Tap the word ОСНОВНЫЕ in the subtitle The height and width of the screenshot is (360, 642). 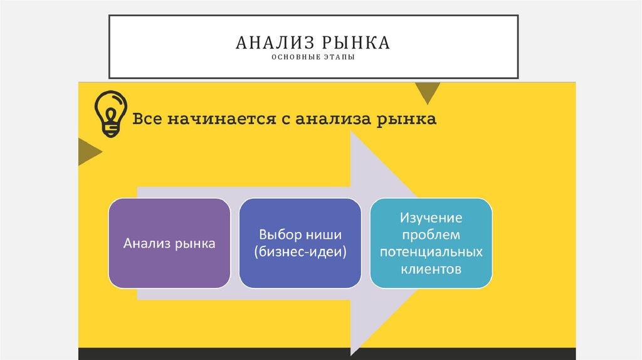tap(294, 59)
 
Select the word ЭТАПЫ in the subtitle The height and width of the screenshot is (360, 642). tap(341, 59)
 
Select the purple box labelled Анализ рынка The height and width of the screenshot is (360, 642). tap(169, 243)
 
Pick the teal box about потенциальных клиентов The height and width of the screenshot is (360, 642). tap(431, 243)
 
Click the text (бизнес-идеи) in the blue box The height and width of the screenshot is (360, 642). tap(300, 251)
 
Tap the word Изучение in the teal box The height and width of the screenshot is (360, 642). tap(432, 218)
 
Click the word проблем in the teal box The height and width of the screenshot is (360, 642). tap(432, 235)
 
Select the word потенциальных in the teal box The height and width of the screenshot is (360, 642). tap(432, 252)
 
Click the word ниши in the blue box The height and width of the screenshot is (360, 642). tap(327, 235)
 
